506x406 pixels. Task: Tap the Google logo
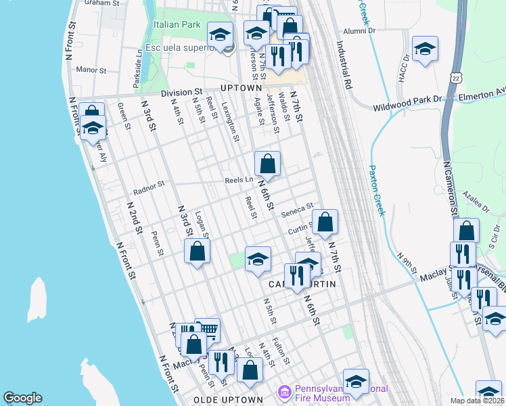click(x=22, y=398)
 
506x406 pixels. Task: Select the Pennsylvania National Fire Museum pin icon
click(x=285, y=392)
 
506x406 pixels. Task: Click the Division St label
click(x=181, y=92)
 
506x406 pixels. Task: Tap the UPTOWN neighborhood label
click(x=240, y=88)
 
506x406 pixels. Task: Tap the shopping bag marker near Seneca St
click(x=325, y=221)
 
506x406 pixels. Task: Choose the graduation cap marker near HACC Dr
click(x=425, y=48)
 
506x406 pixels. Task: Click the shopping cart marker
click(x=208, y=330)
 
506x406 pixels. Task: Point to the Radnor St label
click(x=149, y=184)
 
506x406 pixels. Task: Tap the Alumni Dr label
click(x=359, y=30)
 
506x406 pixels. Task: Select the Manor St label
click(x=91, y=70)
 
